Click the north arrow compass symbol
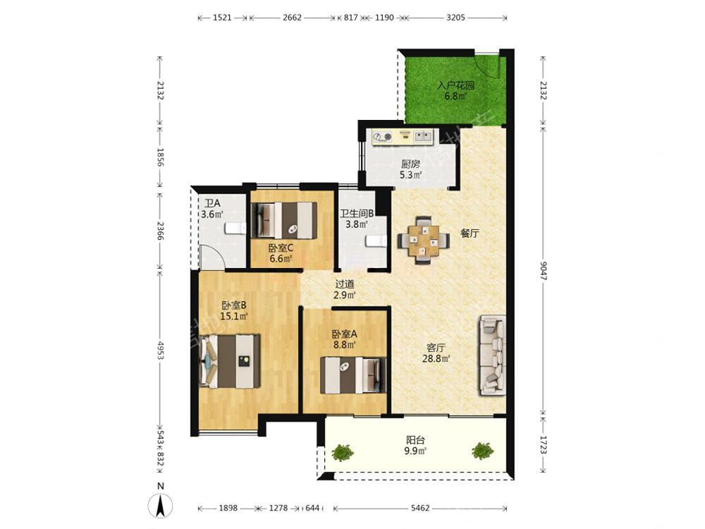[161, 505]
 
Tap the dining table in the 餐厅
[423, 241]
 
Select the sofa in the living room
[493, 355]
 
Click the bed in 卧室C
[283, 220]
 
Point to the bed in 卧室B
[229, 360]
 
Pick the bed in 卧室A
[353, 375]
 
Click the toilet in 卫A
[235, 228]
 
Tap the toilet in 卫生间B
[376, 241]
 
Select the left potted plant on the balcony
[343, 452]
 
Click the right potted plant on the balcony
[483, 451]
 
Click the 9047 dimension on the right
[543, 270]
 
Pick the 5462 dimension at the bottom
[420, 509]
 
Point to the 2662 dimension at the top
[293, 18]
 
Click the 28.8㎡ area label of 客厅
[436, 358]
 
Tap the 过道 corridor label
[345, 284]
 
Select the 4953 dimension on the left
[160, 350]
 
